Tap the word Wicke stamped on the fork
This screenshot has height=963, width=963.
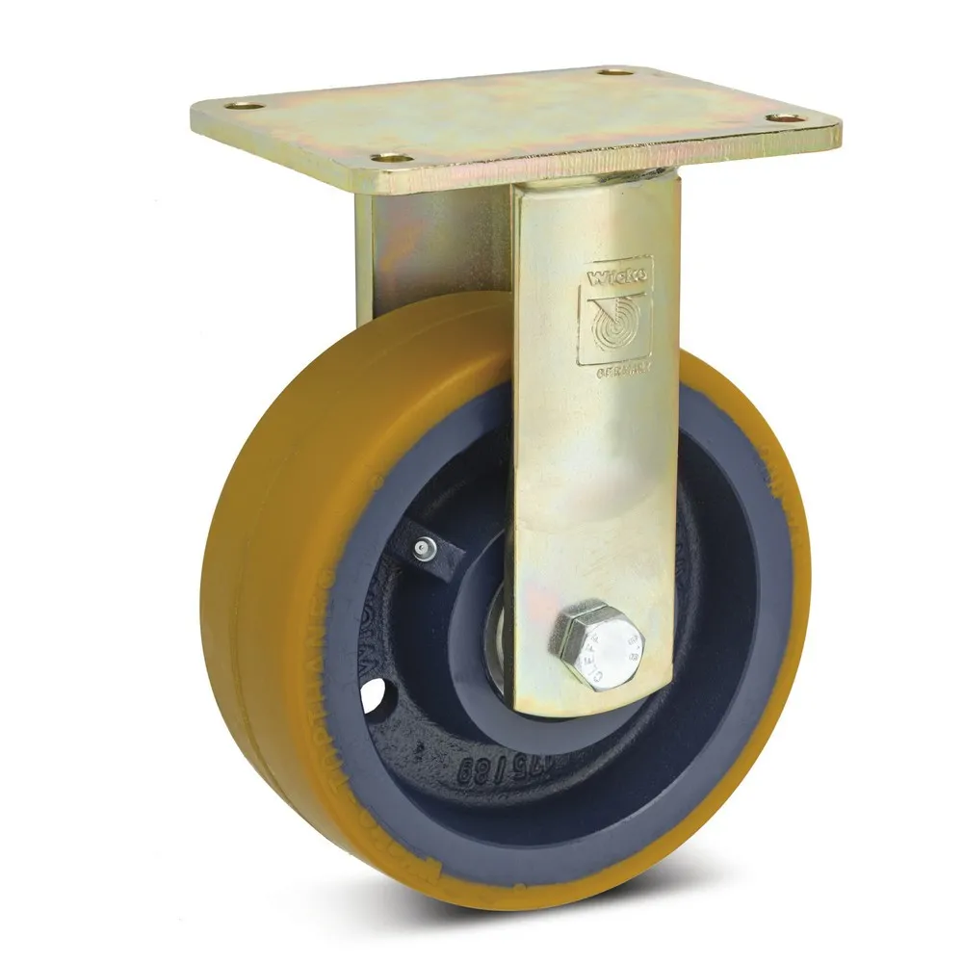click(x=615, y=277)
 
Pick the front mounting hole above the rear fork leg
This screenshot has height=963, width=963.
click(x=391, y=157)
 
